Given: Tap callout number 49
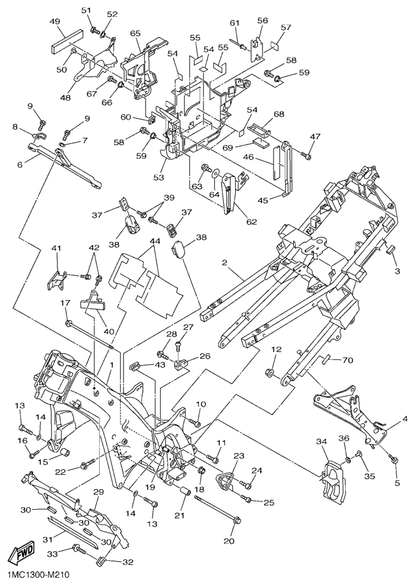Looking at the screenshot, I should tap(54, 22).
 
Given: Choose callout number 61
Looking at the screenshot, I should tap(234, 23).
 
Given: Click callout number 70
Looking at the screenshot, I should tap(347, 360).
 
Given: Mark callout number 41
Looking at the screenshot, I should tap(56, 249).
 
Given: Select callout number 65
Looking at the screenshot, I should tap(136, 34).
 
